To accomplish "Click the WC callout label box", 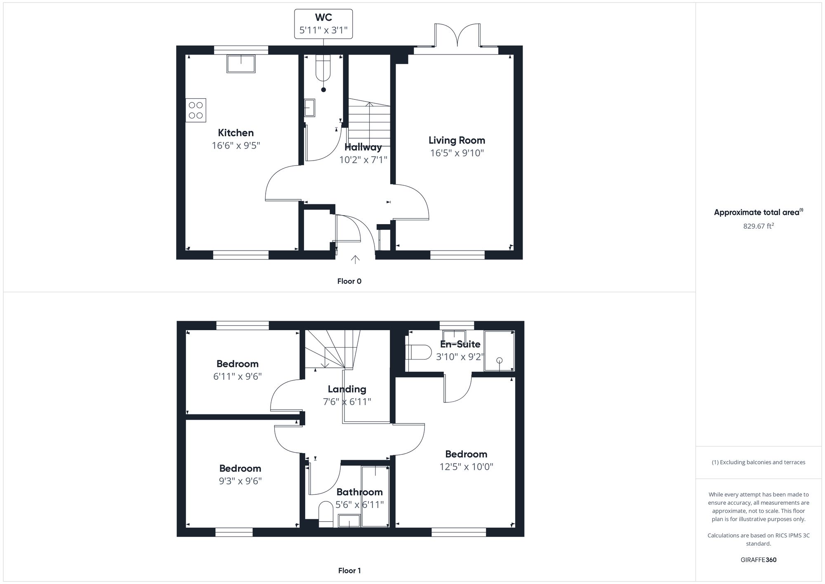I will click(x=323, y=24).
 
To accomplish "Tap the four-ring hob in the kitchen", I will click(x=196, y=110).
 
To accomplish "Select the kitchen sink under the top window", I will click(x=241, y=64).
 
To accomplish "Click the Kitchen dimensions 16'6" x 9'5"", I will click(x=236, y=145).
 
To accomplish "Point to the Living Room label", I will click(x=457, y=140).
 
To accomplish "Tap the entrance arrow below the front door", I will click(x=355, y=260).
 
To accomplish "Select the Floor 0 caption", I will click(x=349, y=281).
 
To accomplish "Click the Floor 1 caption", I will click(x=349, y=571).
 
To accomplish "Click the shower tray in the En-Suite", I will click(x=499, y=351).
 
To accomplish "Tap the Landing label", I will click(x=347, y=389).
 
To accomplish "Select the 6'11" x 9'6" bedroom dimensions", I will click(x=237, y=376).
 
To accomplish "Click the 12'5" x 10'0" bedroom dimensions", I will click(x=466, y=467).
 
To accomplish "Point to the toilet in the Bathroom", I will click(x=326, y=514).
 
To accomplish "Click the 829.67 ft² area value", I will click(x=758, y=226).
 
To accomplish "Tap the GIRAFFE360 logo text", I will click(x=758, y=560).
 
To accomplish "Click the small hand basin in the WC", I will click(x=309, y=108).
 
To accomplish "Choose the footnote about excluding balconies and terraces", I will click(x=758, y=462).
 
